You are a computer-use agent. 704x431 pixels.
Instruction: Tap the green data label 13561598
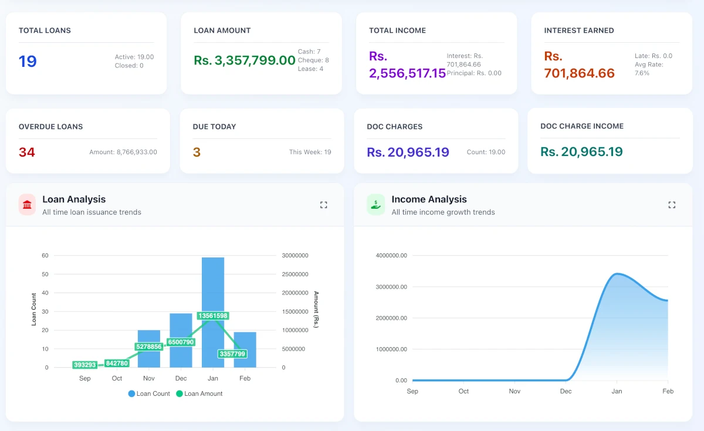coord(213,315)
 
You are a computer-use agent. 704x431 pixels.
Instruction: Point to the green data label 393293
coord(84,365)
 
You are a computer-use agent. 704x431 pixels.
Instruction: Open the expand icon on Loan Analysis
coord(323,205)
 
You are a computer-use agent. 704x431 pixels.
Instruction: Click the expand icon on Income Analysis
coord(672,205)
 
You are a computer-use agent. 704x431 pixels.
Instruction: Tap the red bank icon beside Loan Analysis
coord(27,205)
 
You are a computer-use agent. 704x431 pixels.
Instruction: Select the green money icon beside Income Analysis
coord(375,205)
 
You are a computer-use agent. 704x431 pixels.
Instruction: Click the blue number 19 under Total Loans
coord(28,61)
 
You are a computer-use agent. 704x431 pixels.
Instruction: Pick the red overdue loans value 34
coord(27,152)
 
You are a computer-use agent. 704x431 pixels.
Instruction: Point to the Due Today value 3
coord(197,152)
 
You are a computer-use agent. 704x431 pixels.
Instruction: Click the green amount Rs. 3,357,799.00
coord(245,60)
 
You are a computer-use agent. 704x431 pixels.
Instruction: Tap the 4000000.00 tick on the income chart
coord(392,256)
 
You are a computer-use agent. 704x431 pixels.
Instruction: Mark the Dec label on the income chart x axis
coord(566,391)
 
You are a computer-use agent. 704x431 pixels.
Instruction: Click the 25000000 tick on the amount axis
coord(295,274)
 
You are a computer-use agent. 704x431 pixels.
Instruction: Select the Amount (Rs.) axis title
coord(316,310)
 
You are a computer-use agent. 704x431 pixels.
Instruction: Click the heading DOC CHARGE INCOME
coord(582,126)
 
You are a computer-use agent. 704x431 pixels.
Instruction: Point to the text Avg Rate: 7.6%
coord(649,69)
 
